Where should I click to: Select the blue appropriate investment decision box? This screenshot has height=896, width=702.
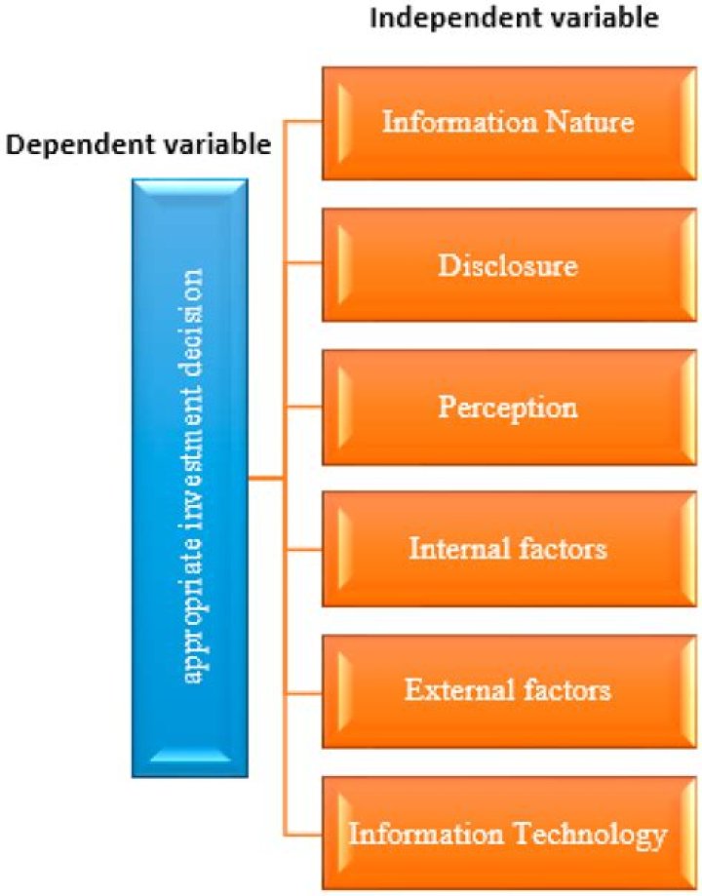190,478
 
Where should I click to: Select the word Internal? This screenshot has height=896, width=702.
455,548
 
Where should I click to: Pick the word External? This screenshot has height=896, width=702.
456,690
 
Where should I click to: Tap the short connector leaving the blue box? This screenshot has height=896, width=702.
264,479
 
